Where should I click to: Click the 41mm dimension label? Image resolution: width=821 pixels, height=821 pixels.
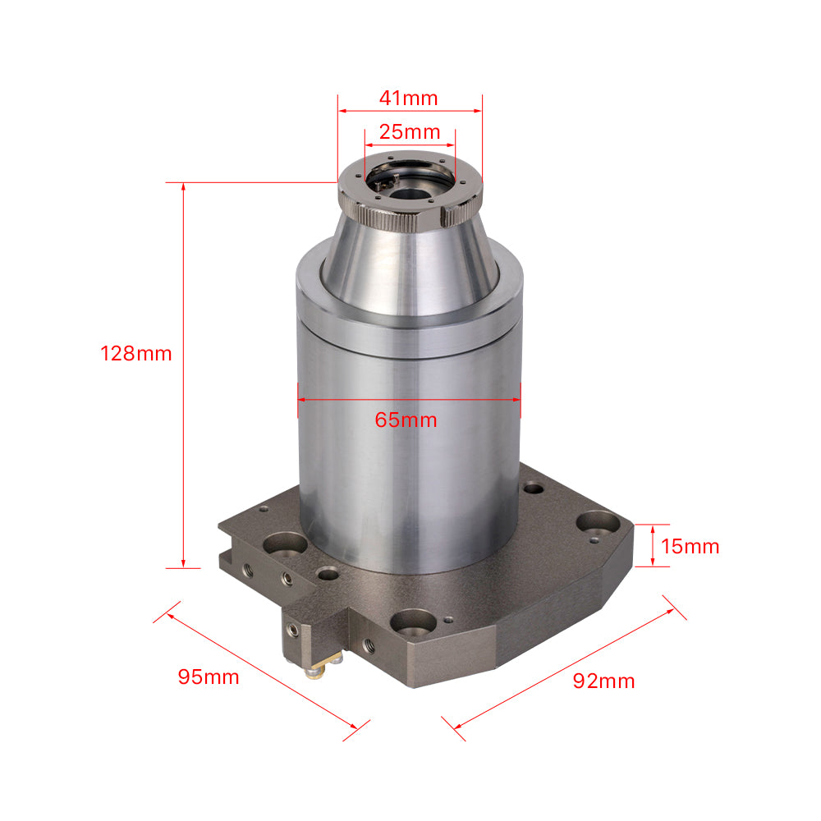[x=408, y=98]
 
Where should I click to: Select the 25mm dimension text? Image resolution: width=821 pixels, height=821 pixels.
[x=409, y=131]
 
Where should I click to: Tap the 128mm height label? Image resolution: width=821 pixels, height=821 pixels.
[x=136, y=354]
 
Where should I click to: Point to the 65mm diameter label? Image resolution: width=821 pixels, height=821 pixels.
[x=406, y=420]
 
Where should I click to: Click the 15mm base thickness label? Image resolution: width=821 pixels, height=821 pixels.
[x=690, y=546]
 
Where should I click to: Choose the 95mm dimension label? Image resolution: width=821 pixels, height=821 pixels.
[x=209, y=677]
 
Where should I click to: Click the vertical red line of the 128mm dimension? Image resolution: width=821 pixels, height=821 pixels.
[x=183, y=460]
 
